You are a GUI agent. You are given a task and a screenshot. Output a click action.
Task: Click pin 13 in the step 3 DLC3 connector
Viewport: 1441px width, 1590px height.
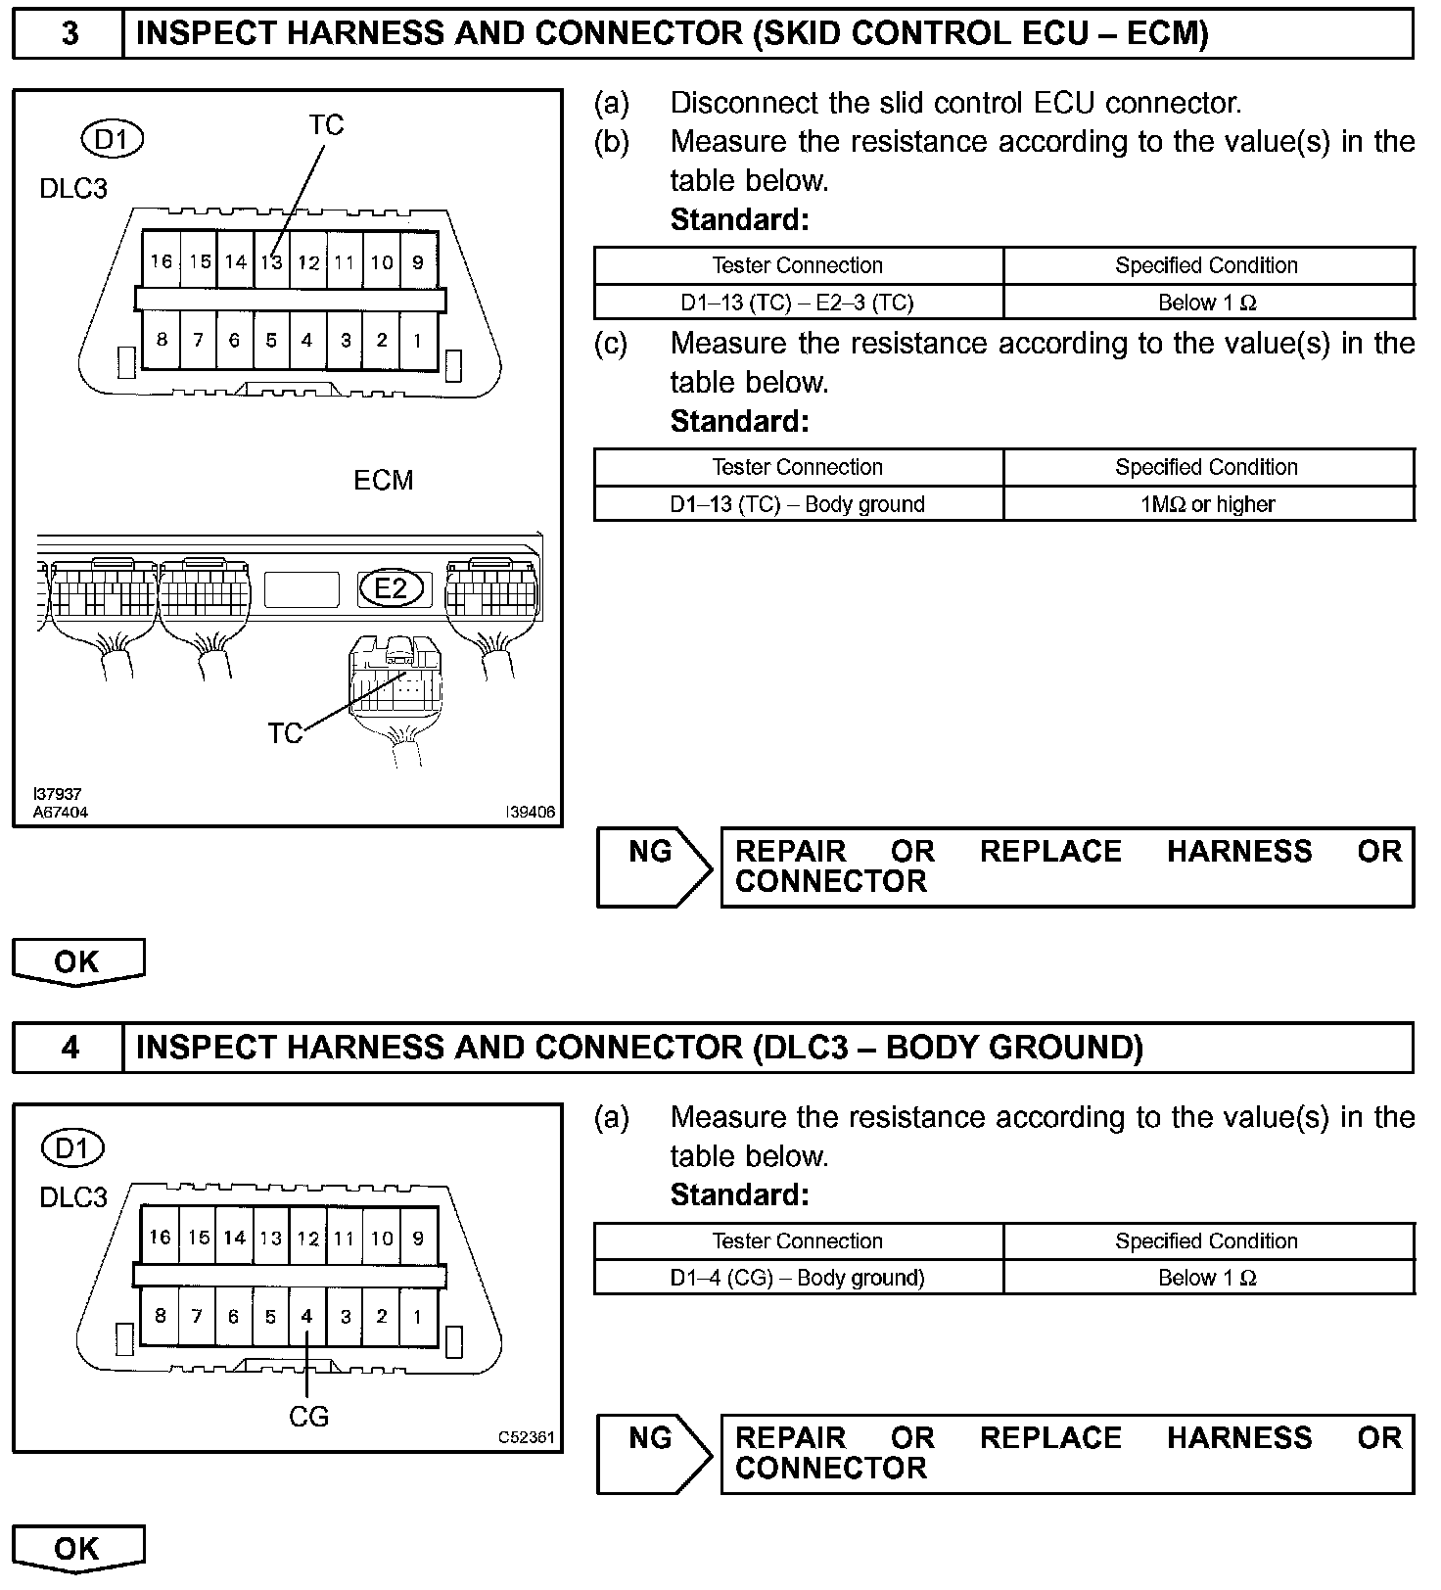[271, 261]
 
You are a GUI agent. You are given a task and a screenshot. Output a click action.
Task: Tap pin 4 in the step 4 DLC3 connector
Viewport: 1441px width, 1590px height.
[306, 1317]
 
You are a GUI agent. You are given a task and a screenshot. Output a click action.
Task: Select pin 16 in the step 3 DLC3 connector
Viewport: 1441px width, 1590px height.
[162, 261]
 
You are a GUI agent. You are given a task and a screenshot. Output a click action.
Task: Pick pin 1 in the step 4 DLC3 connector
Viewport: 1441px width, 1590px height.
[417, 1317]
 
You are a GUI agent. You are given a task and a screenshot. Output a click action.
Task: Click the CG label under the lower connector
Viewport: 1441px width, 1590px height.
[308, 1417]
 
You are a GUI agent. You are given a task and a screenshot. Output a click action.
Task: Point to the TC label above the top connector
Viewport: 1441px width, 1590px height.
[326, 125]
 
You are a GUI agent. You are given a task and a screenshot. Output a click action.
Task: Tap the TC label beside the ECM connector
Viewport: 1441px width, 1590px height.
[285, 733]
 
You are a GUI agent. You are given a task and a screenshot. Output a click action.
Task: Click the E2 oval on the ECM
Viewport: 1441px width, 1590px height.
[391, 588]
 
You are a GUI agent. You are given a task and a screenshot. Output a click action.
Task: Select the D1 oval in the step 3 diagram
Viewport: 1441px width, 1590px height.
[112, 140]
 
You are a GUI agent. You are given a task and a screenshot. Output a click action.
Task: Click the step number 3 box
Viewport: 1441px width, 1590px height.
[69, 34]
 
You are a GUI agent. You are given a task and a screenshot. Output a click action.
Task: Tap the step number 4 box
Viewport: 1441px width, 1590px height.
[69, 1048]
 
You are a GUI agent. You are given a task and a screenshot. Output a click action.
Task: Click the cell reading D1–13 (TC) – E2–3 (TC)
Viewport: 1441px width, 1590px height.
[798, 303]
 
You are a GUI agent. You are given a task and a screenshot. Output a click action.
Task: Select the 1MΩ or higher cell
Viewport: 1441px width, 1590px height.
[1208, 504]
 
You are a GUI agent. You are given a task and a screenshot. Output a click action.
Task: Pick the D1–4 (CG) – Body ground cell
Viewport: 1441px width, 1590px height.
[798, 1278]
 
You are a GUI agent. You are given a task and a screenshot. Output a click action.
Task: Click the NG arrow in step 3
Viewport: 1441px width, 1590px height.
[654, 866]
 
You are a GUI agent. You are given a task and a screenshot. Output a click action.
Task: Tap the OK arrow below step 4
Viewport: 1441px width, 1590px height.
[77, 1548]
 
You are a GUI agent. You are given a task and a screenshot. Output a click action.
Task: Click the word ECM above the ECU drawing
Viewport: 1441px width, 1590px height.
[383, 480]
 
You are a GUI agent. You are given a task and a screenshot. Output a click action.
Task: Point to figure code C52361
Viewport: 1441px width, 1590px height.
[526, 1437]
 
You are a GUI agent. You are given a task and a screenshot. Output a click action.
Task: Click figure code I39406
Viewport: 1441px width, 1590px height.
[530, 812]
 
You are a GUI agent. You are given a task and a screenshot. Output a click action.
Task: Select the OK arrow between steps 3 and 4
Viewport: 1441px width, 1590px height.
[77, 961]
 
